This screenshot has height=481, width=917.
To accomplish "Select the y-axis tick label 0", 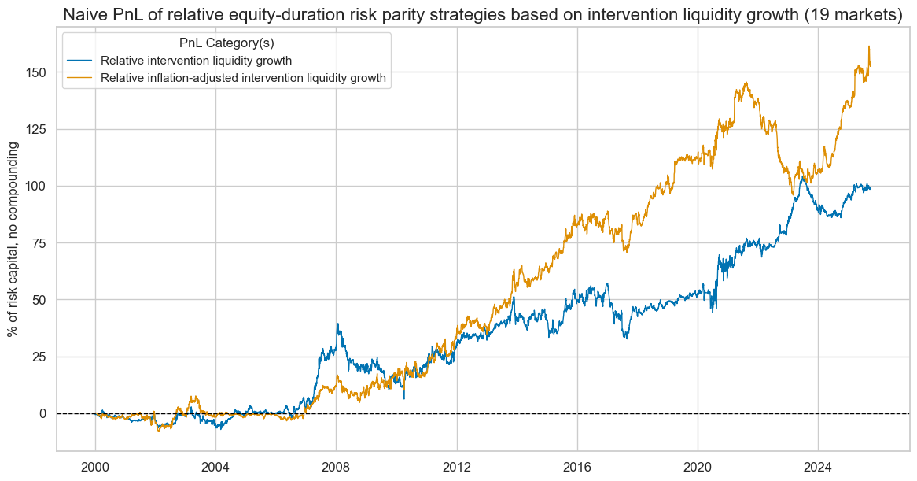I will [x=44, y=413].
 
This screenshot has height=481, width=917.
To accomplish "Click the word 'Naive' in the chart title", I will [x=85, y=15].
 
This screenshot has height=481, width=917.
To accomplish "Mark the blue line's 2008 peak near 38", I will [x=337, y=324].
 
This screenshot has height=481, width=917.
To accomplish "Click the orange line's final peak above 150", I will [x=868, y=46].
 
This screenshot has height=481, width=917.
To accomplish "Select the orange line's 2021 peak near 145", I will [x=745, y=83].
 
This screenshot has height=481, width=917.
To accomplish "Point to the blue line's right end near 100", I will [x=870, y=188].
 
